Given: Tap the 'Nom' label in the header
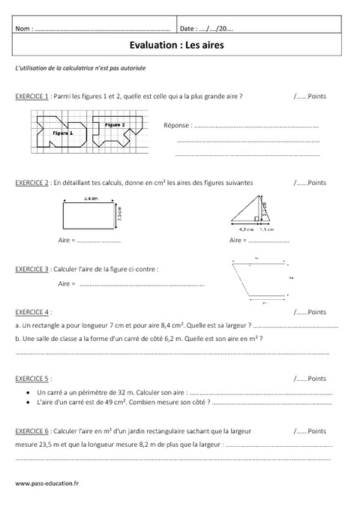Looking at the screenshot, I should coord(23,29).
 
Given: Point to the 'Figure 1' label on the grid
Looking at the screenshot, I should coord(63,132).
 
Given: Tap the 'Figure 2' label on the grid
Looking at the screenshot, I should coord(114,124).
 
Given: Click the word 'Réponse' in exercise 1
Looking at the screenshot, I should coord(176,127).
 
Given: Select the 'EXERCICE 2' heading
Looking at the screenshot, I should coord(32,182).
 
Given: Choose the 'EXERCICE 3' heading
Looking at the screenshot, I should coord(32,268).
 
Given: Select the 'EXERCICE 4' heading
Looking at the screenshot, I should coord(32,312).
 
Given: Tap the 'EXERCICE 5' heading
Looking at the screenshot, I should coord(32,379).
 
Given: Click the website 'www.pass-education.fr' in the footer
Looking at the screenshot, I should coord(46,485).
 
